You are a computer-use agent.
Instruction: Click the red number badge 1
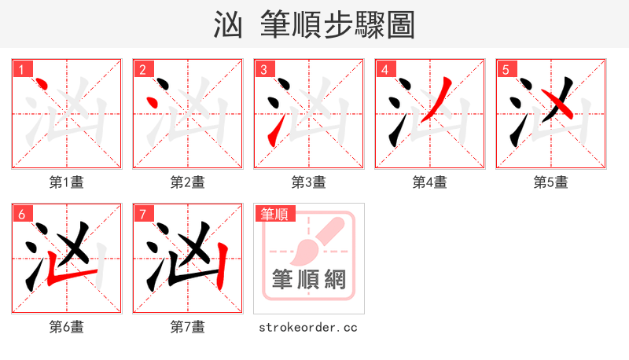(x=21, y=69)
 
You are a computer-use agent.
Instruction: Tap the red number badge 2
(x=142, y=69)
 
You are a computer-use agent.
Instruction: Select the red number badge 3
(x=263, y=69)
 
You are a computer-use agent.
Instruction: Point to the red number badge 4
(x=384, y=69)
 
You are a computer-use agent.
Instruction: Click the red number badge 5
(x=506, y=69)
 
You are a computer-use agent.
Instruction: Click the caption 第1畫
(x=67, y=182)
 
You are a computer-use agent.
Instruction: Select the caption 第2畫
(x=188, y=182)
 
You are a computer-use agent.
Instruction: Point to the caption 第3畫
(x=309, y=182)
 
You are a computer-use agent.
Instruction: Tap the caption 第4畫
(x=430, y=182)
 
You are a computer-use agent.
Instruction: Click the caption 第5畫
(x=551, y=182)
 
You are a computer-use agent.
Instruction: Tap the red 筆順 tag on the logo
(x=274, y=214)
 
